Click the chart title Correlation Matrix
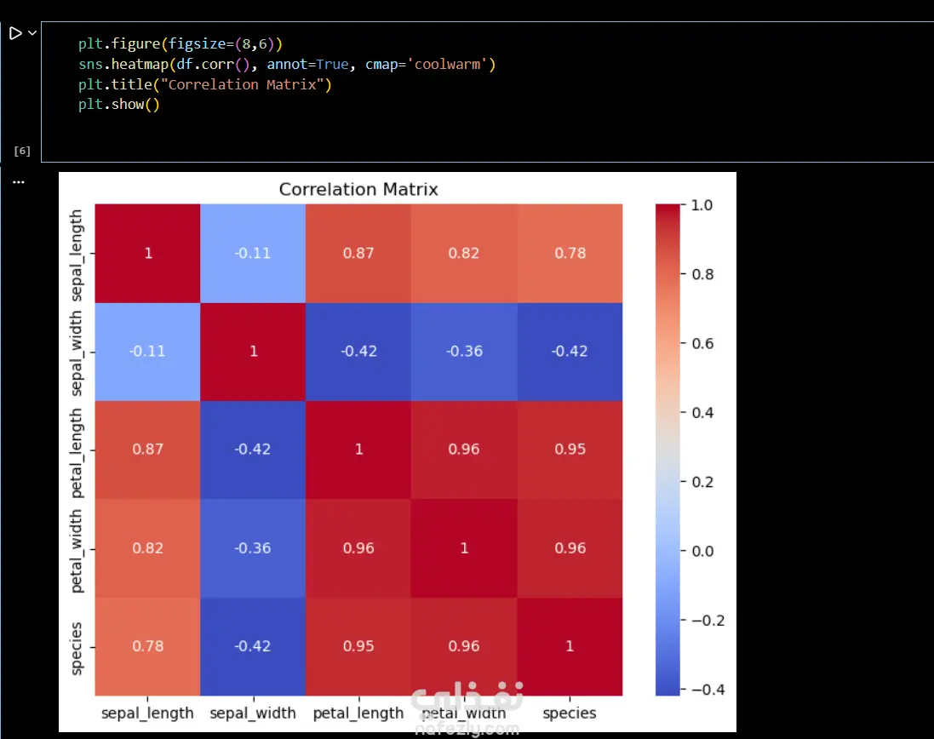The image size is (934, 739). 358,189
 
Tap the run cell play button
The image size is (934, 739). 15,33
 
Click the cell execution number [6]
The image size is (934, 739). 22,152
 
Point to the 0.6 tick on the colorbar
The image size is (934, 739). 704,343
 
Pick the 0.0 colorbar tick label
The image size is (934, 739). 704,551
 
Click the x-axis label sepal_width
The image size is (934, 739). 253,713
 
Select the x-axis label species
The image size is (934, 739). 570,713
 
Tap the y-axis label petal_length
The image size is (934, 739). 77,450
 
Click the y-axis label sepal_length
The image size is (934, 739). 77,253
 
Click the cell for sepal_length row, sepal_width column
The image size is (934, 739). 253,253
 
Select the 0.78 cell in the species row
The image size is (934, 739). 147,646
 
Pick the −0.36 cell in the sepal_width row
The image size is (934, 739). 464,351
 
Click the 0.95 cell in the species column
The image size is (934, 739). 570,450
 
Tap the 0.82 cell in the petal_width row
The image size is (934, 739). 147,548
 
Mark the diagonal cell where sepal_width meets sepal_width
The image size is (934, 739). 253,351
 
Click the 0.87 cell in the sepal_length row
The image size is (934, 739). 358,253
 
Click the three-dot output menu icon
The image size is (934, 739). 19,181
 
